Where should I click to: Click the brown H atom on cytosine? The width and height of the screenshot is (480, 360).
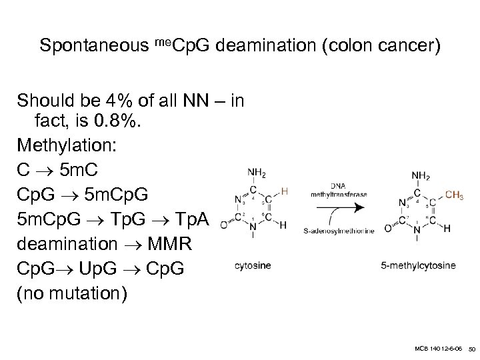pos(285,192)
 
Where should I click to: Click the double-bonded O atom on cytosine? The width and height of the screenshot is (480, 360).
pos(224,223)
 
